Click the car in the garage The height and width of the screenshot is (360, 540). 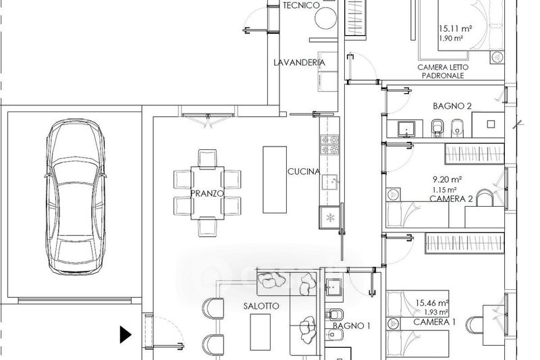(76, 197)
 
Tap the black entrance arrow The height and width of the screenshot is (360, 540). (126, 334)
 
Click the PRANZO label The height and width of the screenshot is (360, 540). (207, 193)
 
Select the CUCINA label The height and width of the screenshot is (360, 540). (303, 171)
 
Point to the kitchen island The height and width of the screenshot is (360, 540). (275, 180)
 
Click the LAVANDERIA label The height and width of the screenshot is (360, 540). (299, 62)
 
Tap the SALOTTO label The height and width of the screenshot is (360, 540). (261, 306)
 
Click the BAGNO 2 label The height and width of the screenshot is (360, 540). (452, 106)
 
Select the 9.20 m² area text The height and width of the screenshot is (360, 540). (447, 180)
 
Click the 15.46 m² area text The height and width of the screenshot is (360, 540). (432, 303)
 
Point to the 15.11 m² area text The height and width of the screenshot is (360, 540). (455, 28)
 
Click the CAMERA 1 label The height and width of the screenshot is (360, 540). (434, 322)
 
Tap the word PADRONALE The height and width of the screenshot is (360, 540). (443, 76)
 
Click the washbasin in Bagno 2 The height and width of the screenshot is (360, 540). (407, 130)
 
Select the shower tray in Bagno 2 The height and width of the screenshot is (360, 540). (488, 124)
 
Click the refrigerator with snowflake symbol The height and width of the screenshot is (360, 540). (330, 217)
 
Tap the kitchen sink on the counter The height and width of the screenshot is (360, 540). (330, 182)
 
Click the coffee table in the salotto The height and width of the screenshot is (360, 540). (260, 332)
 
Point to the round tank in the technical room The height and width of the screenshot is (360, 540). (326, 18)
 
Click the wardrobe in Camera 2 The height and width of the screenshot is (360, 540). (475, 153)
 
